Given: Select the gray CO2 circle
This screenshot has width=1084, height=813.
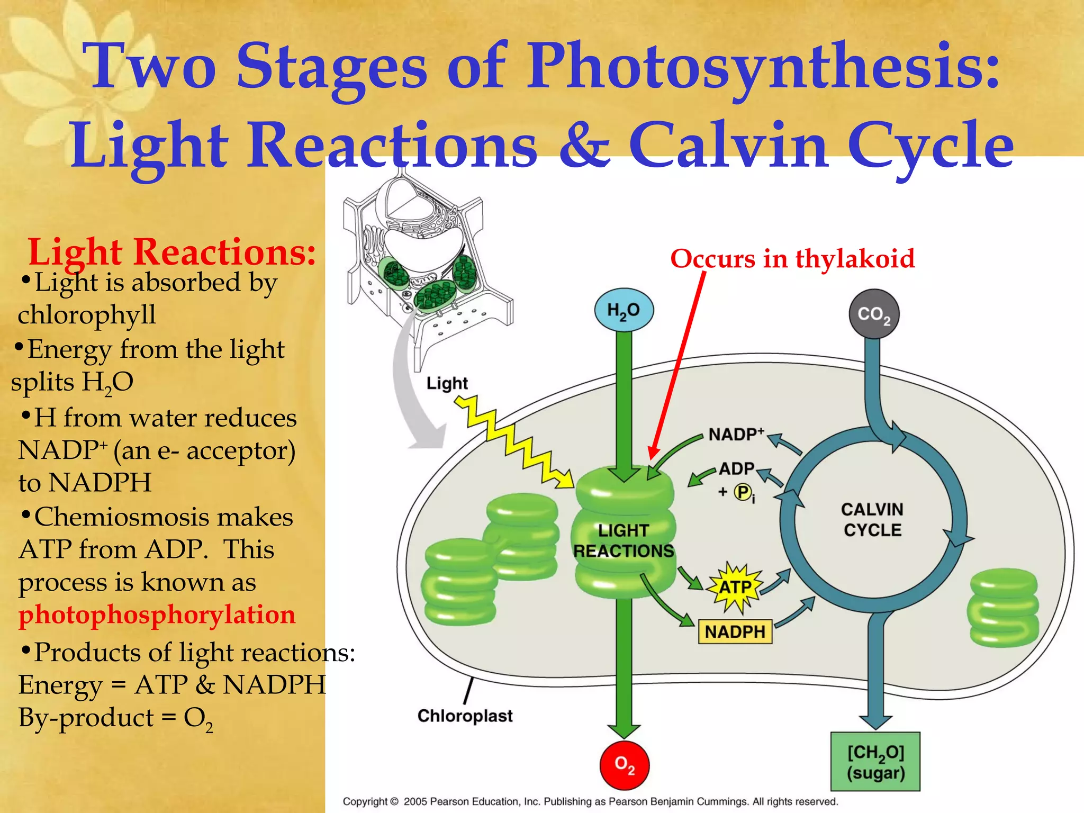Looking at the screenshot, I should pyautogui.click(x=874, y=314).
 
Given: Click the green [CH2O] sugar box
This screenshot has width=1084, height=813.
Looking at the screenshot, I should pyautogui.click(x=875, y=762).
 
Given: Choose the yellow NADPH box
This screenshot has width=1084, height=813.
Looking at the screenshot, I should pyautogui.click(x=735, y=631).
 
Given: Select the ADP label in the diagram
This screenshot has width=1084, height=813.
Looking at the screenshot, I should pyautogui.click(x=736, y=468).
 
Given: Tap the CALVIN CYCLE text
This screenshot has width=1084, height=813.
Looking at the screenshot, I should pyautogui.click(x=872, y=519).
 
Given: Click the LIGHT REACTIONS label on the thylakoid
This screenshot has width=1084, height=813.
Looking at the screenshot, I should pyautogui.click(x=624, y=540).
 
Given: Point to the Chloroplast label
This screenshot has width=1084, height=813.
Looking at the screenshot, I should pyautogui.click(x=465, y=716).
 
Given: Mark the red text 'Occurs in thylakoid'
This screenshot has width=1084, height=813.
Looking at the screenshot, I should pyautogui.click(x=792, y=258).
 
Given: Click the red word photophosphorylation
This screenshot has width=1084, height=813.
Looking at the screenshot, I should pyautogui.click(x=157, y=615).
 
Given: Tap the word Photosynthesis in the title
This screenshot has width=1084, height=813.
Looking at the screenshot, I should pyautogui.click(x=763, y=68).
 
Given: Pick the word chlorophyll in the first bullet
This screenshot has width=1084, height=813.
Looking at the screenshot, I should pyautogui.click(x=87, y=314).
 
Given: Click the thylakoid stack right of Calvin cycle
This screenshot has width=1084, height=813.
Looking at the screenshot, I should pyautogui.click(x=1003, y=607).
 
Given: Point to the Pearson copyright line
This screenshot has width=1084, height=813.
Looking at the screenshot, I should pyautogui.click(x=590, y=801).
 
